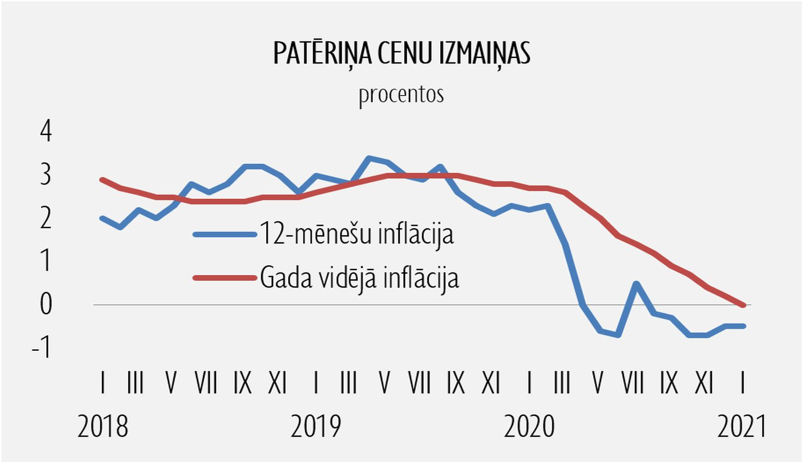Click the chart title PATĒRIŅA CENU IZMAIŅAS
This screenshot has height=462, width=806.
coord(401,54)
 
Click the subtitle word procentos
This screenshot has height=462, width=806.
coord(401,95)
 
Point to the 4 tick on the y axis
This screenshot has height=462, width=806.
coord(46,131)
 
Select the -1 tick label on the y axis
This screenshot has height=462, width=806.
coord(42,348)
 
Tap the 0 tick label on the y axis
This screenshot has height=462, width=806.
coord(46,305)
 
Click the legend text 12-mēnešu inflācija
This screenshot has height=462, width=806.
coord(357,234)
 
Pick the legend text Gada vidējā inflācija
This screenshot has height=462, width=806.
coord(359,278)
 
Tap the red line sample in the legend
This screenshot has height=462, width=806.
coord(225,278)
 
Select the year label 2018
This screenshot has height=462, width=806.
coord(103,427)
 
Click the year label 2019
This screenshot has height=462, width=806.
coord(316,427)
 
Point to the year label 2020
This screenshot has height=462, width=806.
coord(529,427)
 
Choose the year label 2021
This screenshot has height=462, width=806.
coord(742,427)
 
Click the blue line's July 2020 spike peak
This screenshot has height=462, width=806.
coord(636,283)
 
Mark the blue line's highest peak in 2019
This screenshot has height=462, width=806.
coord(369,158)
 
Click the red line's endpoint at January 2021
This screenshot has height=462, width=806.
coord(743,305)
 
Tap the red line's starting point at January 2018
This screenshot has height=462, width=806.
coord(102,179)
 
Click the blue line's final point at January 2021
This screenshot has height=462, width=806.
coord(743,326)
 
